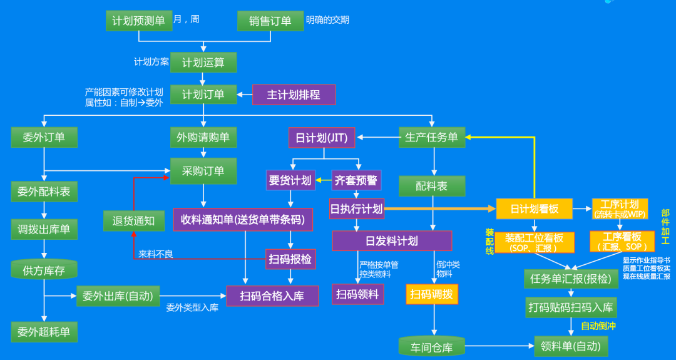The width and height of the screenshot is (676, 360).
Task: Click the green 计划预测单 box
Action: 138,21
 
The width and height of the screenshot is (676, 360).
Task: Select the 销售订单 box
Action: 270,21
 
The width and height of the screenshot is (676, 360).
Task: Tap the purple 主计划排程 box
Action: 294,95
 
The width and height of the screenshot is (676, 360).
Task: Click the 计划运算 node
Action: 203,62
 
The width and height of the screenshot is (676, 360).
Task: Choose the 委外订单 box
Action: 44,137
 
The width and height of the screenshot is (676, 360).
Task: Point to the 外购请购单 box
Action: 203,137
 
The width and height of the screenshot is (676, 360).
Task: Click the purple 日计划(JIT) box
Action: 322,137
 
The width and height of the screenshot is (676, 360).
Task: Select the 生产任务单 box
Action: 432,137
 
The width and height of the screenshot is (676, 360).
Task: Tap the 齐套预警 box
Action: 356,180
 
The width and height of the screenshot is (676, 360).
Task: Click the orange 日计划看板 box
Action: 534,208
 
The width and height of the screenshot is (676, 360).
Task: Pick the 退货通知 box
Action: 133,220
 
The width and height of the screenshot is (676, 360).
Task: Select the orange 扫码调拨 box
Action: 432,294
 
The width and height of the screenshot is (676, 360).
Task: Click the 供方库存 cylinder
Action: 44,270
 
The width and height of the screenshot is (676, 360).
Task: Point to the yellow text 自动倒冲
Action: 598,326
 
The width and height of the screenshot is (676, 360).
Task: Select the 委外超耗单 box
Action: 44,331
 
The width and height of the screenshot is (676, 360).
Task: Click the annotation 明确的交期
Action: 327,20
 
